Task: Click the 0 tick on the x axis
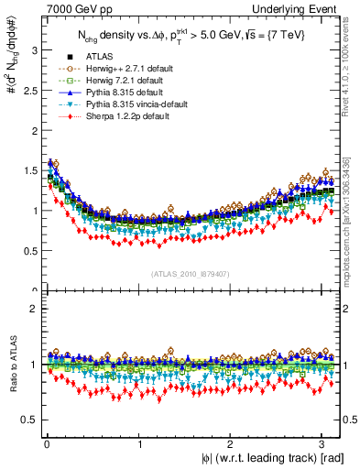[x=46, y=444]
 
